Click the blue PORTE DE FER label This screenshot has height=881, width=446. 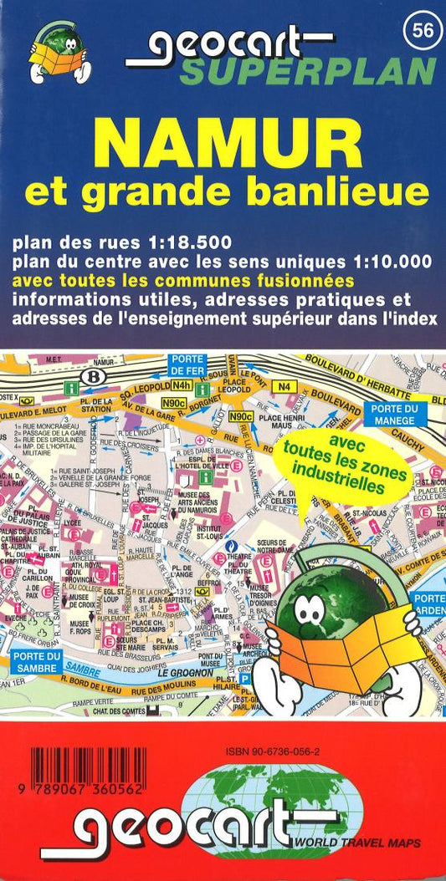188,364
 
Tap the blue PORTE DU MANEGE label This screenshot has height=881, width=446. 396,414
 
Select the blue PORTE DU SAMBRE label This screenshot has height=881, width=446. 35,661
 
